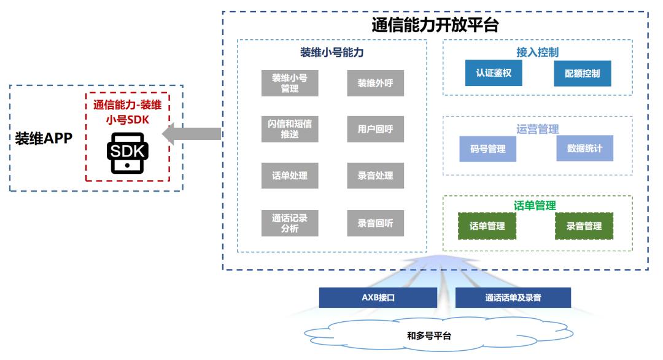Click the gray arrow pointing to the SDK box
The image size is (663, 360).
pos(191,134)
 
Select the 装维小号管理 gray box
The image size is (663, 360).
pos(290,83)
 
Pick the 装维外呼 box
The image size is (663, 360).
pos(375,83)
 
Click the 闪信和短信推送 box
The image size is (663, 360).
pos(290,129)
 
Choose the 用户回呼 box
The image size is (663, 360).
pos(375,129)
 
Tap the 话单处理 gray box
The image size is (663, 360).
pos(290,176)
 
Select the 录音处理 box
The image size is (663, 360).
pos(375,176)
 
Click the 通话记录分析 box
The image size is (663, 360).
pos(290,223)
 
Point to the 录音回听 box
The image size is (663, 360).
pos(375,223)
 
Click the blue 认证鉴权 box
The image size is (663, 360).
pos(494,73)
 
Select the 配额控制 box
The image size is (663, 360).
pos(582,73)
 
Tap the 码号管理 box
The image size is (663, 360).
pos(488,149)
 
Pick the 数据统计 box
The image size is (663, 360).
pos(584,148)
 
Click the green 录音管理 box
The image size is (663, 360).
pos(584,226)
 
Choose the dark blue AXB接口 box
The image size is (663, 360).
pos(378,298)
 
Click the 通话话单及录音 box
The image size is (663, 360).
pos(513,298)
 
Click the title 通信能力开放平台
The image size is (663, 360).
pos(435,25)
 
